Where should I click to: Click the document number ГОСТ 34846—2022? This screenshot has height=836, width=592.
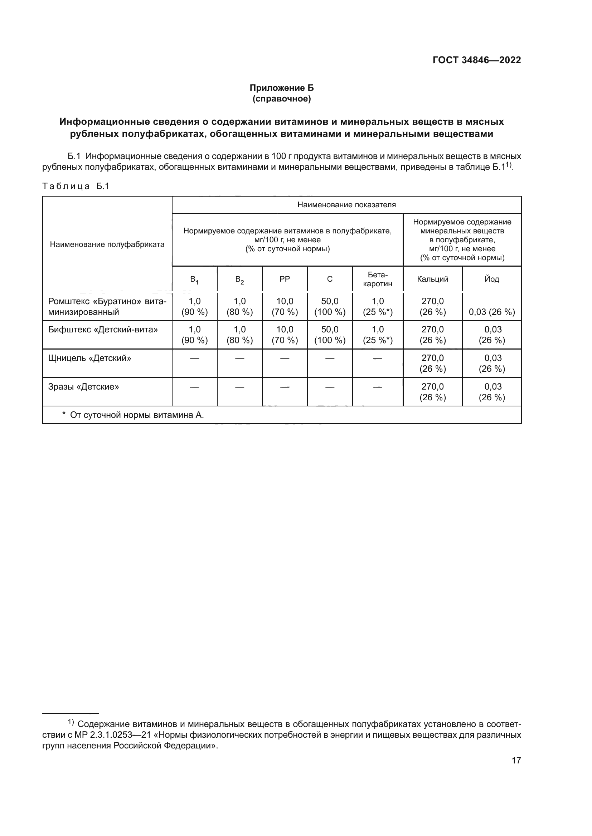click(476, 60)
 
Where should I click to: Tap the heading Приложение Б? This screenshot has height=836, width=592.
click(281, 88)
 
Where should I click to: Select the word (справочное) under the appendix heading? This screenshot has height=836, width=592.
click(281, 99)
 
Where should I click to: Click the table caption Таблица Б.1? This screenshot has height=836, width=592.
click(76, 187)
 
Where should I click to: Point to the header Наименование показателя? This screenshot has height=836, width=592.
click(346, 205)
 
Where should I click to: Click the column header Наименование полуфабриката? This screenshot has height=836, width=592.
click(107, 244)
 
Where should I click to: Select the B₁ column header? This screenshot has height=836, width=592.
click(194, 280)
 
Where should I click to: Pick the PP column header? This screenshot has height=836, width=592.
click(284, 279)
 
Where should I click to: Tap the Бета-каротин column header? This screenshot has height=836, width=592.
click(377, 279)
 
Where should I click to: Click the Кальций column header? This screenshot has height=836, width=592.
click(432, 279)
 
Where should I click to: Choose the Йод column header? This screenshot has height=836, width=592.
click(491, 279)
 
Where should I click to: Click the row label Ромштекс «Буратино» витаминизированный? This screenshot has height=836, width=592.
click(107, 307)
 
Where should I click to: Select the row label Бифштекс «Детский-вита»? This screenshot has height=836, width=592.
click(103, 330)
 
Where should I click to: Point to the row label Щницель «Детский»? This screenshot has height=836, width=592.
click(90, 358)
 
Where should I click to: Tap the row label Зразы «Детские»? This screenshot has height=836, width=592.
click(83, 387)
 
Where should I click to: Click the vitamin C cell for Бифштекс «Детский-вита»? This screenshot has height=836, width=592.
click(330, 335)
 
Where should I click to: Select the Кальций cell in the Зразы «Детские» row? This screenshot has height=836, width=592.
click(432, 392)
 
